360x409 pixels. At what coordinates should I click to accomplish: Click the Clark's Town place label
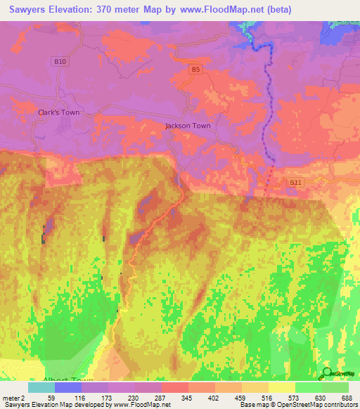[58, 112]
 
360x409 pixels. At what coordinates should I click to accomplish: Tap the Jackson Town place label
[188, 126]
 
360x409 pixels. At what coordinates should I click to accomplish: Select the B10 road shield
[60, 62]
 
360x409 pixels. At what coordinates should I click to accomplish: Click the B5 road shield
[195, 70]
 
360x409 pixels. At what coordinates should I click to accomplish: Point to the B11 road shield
[295, 182]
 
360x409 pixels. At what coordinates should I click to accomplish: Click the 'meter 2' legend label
[15, 397]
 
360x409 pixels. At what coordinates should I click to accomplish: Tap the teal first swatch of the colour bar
[41, 387]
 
